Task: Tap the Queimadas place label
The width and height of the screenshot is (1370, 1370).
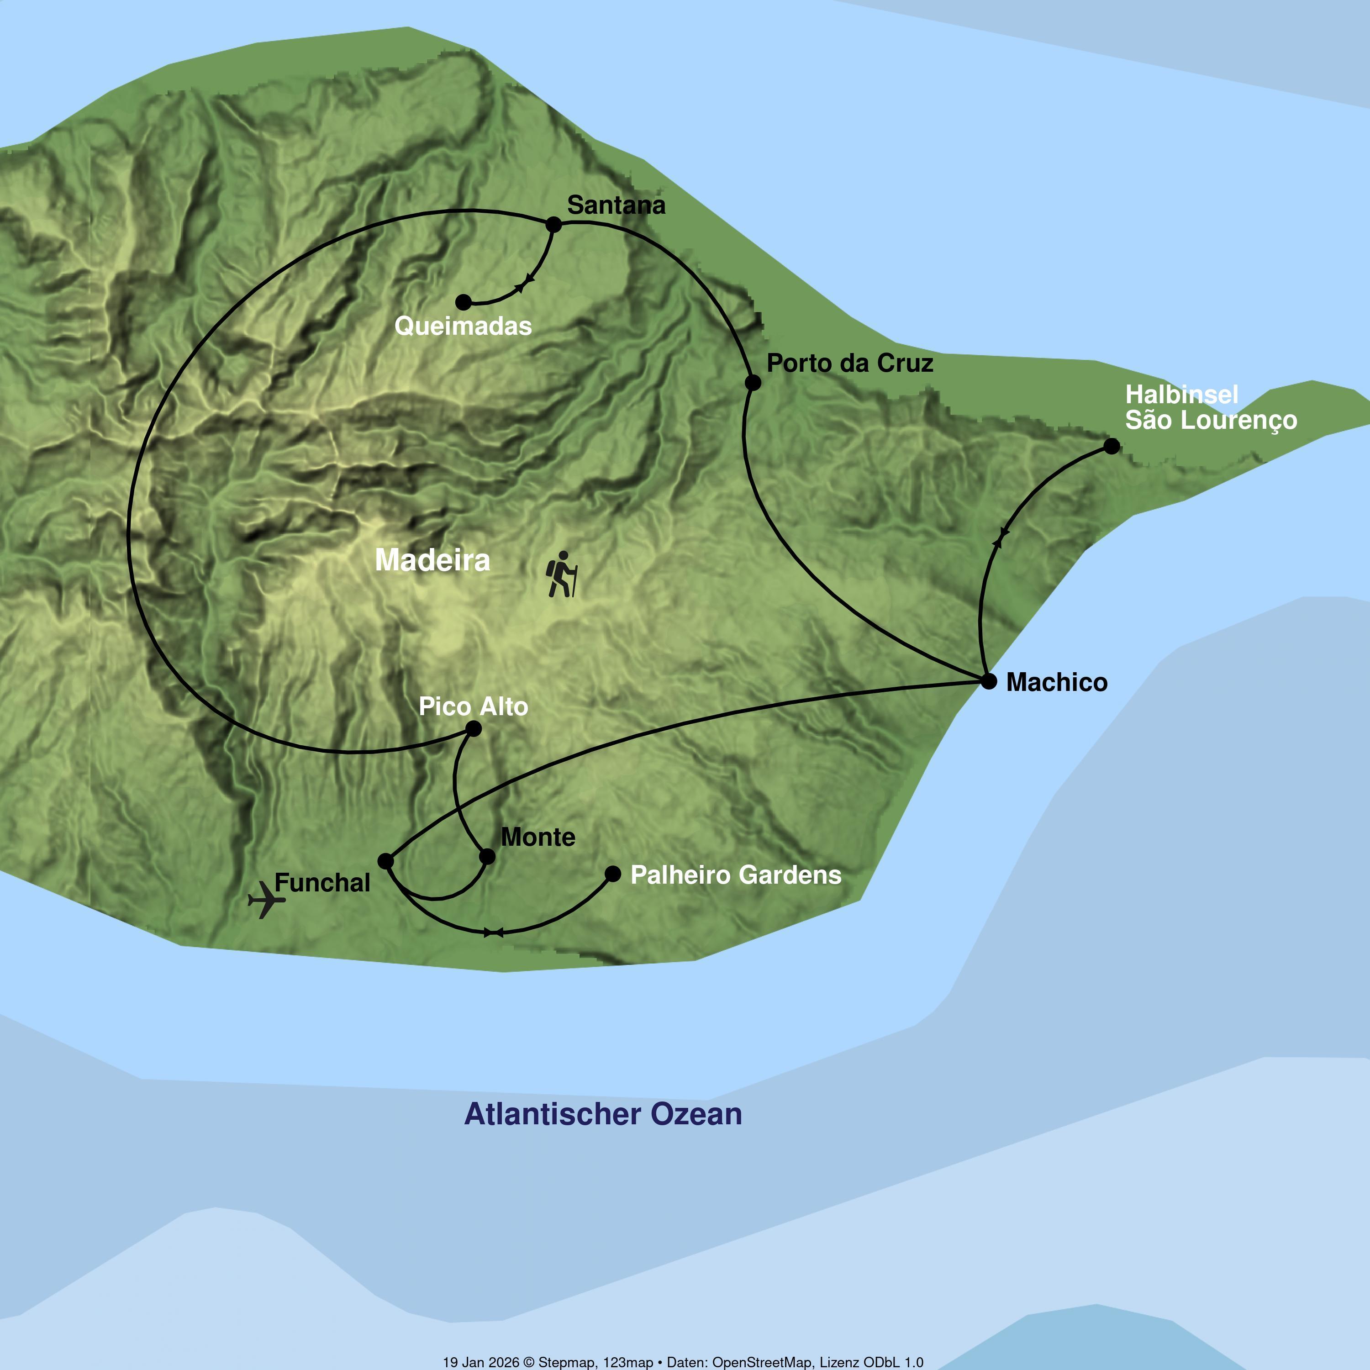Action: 463,326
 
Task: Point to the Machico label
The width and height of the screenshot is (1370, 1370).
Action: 1057,682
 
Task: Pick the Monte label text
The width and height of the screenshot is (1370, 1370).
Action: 538,838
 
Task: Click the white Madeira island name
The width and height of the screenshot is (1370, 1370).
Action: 432,560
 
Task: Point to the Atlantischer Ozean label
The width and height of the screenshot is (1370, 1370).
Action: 603,1114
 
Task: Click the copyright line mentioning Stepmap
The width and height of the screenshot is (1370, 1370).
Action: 683,1361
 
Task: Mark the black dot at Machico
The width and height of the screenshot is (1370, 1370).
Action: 989,681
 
